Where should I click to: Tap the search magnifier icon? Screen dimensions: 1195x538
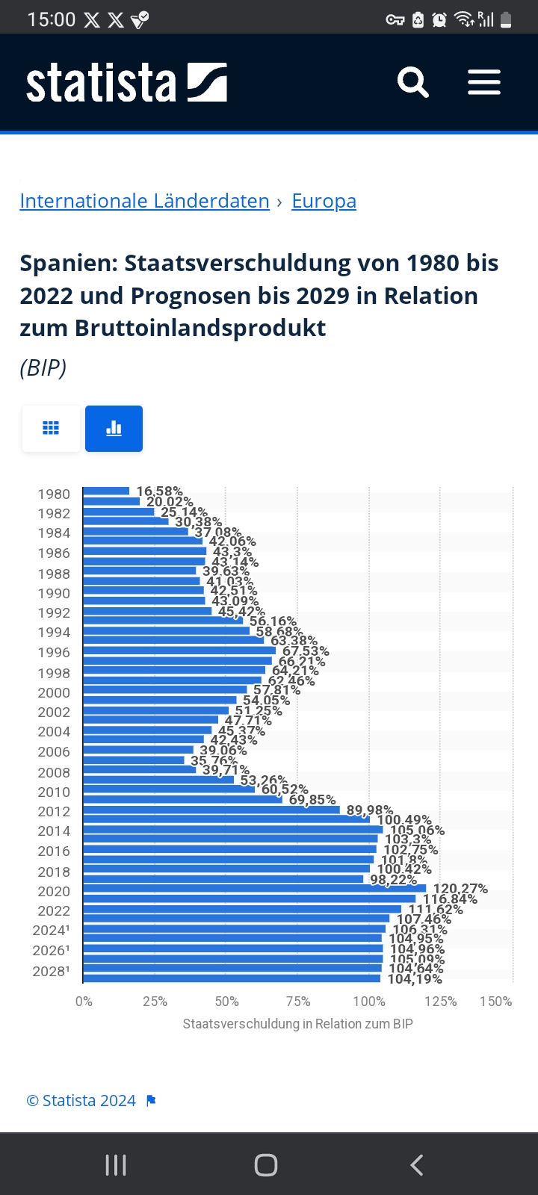(x=412, y=82)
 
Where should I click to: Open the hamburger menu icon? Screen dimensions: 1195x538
(x=484, y=82)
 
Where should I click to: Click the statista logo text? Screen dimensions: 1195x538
(x=102, y=82)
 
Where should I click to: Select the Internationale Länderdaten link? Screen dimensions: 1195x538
(x=144, y=201)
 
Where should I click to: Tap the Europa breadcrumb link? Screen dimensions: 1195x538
(x=324, y=201)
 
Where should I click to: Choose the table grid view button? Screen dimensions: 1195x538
(x=51, y=429)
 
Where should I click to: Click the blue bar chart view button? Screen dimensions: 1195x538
(x=114, y=429)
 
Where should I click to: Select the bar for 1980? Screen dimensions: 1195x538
(x=106, y=491)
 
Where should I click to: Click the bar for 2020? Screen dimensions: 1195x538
(x=254, y=889)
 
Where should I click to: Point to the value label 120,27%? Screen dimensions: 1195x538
(x=460, y=889)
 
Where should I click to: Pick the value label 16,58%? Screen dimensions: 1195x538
(x=159, y=491)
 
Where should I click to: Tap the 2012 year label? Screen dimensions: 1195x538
(x=54, y=812)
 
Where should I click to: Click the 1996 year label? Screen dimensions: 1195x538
(x=54, y=653)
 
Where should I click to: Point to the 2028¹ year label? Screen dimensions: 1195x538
(x=51, y=971)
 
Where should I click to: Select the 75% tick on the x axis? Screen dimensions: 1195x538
(x=298, y=1002)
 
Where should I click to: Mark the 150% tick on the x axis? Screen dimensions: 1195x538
(x=496, y=1002)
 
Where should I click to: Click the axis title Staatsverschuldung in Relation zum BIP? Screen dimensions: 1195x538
(x=297, y=1024)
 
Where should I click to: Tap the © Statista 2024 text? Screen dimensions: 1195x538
(x=81, y=1101)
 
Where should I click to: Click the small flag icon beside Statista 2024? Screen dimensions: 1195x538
(x=151, y=1101)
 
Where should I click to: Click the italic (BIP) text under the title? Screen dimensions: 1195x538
(x=43, y=368)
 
